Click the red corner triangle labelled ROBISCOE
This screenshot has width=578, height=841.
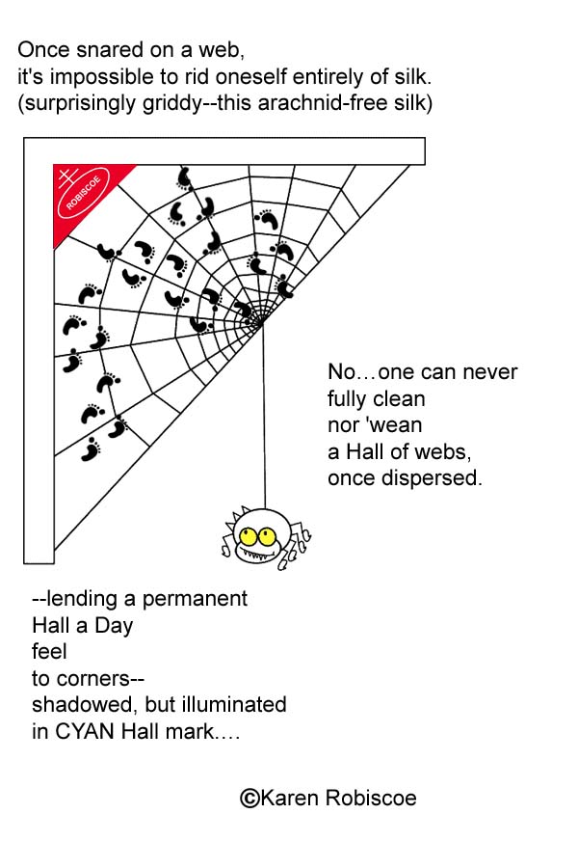point(82,188)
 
